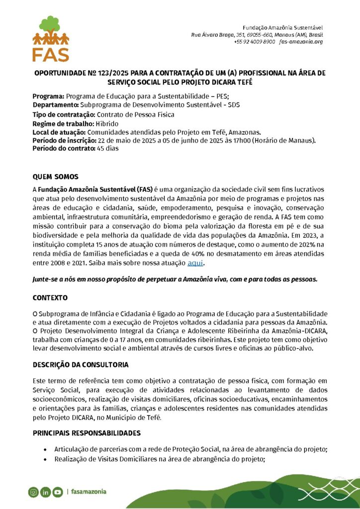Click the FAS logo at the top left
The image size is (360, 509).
[51, 38]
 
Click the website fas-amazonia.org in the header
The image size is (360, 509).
[301, 42]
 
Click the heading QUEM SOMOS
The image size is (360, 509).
[56, 176]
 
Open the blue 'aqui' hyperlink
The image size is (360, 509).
[195, 262]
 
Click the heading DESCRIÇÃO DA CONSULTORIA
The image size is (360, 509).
[81, 364]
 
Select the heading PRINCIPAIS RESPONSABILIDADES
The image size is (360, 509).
[87, 433]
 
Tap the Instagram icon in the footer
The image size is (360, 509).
[33, 492]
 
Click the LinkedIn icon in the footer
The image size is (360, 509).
[45, 492]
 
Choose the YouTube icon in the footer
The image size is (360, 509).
[58, 492]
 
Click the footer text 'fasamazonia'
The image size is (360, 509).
[89, 492]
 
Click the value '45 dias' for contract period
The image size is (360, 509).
[108, 149]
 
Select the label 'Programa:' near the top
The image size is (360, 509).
[49, 96]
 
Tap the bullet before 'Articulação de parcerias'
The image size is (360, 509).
[45, 450]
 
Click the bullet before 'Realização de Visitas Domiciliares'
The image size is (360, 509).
[45, 459]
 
